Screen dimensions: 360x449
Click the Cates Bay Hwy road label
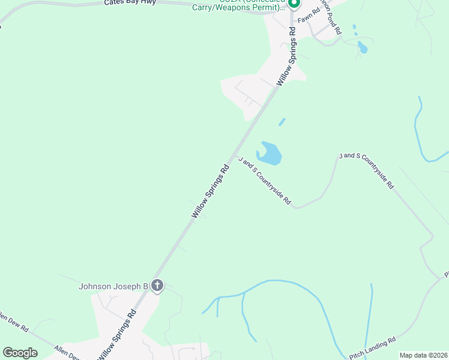point(130,2)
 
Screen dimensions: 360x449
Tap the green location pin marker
point(294,4)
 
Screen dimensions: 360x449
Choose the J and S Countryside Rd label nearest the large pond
point(264,181)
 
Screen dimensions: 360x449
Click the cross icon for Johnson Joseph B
point(157,286)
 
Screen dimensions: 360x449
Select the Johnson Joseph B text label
point(113,286)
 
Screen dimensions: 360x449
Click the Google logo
point(20,353)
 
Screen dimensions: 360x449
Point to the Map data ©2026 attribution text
point(423,355)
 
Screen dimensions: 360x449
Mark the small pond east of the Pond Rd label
point(362,47)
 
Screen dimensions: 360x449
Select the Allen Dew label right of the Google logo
point(66,353)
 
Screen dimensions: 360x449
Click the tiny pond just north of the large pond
point(282,122)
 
